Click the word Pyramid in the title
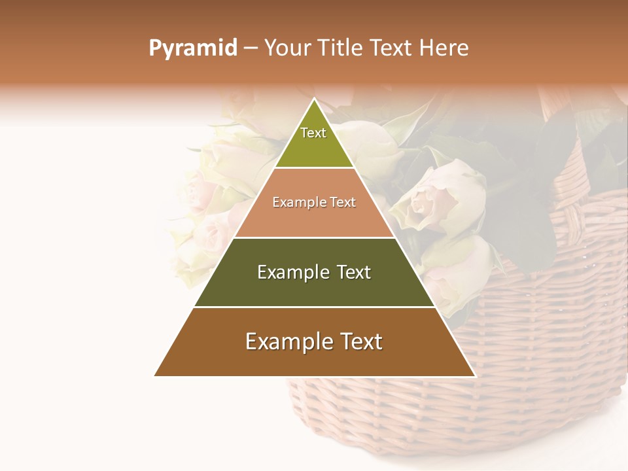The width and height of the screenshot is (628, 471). click(x=192, y=48)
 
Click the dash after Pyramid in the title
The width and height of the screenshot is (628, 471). click(x=251, y=48)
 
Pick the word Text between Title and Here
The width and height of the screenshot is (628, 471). click(x=392, y=48)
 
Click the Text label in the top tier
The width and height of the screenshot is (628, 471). click(x=313, y=133)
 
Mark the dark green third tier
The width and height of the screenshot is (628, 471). click(x=314, y=288)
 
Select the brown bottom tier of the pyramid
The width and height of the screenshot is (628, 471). click(x=314, y=357)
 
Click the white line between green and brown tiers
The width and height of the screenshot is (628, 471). click(x=314, y=307)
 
